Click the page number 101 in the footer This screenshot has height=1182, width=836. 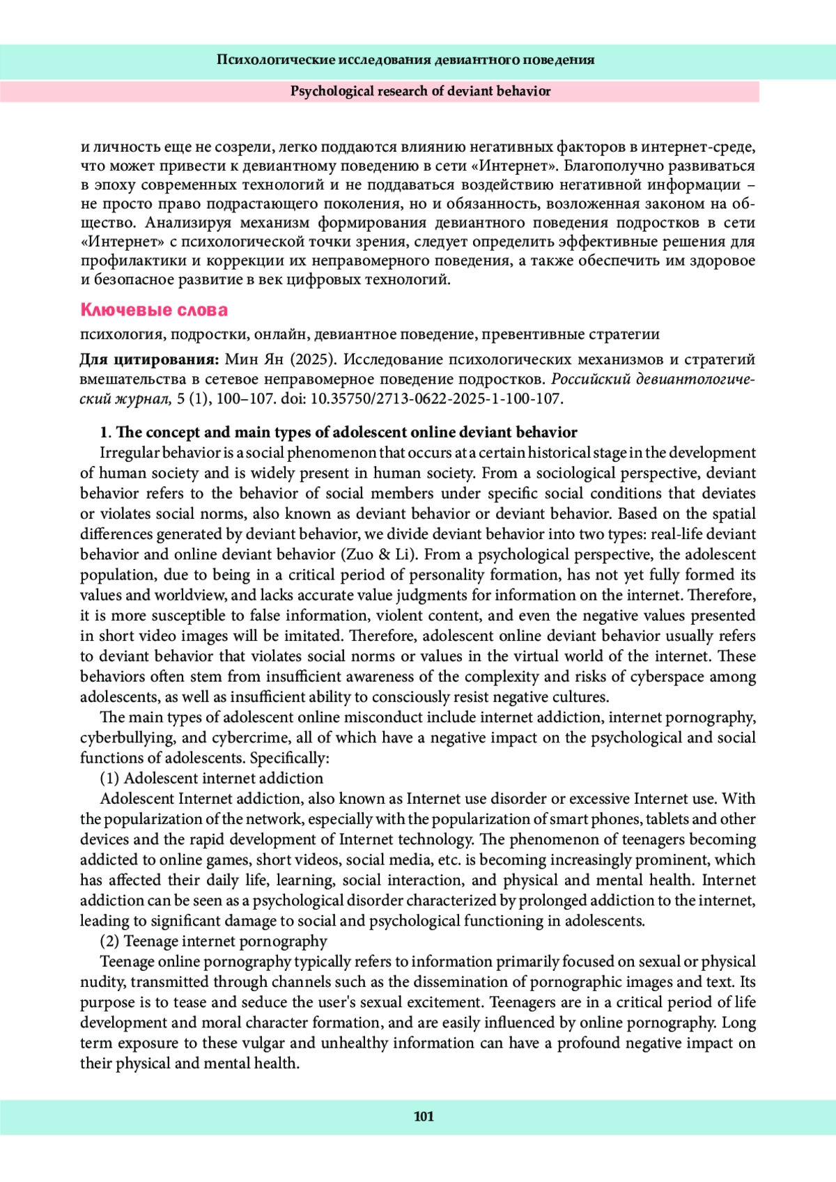(x=424, y=1117)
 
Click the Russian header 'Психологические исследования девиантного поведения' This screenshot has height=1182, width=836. (x=405, y=60)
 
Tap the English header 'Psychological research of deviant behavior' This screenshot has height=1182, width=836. (x=420, y=91)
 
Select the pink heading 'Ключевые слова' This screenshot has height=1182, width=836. (x=154, y=310)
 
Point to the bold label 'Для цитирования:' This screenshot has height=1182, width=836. (x=149, y=360)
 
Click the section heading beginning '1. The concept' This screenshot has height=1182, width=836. (x=339, y=433)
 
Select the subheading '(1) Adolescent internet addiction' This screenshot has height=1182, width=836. (x=212, y=778)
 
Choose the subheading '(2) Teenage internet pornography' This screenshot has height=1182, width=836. (x=213, y=941)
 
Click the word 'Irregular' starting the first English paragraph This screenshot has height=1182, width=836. (x=129, y=453)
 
